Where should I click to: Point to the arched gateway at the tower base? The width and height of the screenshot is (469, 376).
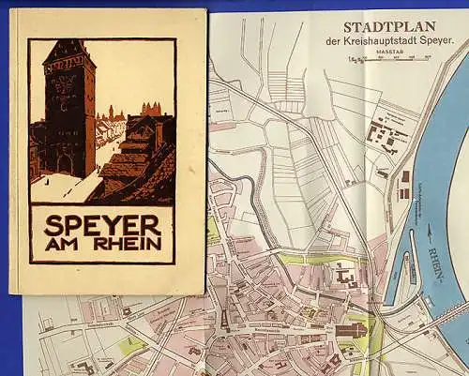(x=66, y=164)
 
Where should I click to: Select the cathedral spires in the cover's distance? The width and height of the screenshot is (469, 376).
(x=150, y=110)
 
